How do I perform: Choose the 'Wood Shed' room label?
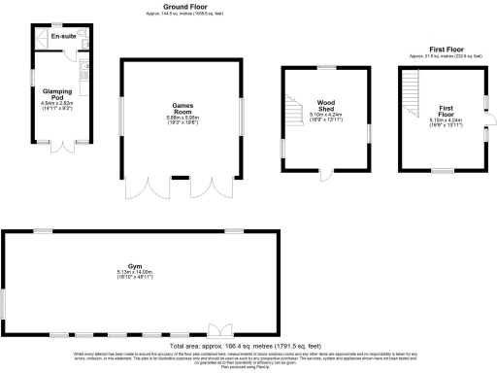point(325,105)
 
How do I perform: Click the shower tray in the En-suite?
point(43,38)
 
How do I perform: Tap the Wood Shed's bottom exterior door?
point(325,175)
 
